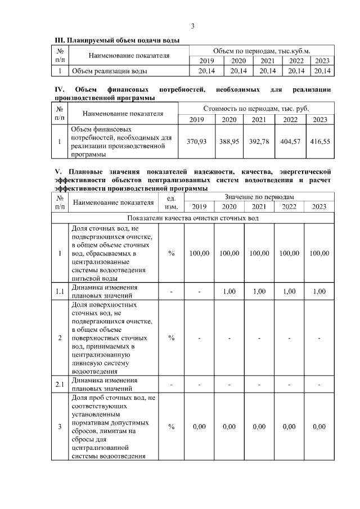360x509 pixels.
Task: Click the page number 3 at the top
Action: click(x=193, y=26)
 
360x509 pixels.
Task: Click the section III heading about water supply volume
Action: click(x=117, y=41)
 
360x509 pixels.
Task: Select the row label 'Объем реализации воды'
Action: click(x=110, y=71)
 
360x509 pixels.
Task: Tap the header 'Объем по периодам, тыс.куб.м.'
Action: click(x=262, y=51)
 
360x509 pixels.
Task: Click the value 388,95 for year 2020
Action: click(x=229, y=142)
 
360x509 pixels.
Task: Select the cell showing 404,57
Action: click(x=290, y=142)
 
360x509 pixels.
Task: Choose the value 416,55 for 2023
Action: click(x=319, y=142)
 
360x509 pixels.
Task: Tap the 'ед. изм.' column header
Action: click(x=172, y=202)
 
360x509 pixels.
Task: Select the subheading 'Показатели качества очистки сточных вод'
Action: click(x=193, y=218)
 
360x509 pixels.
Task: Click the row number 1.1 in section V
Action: click(x=60, y=291)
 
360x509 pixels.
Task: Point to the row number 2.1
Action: click(x=60, y=384)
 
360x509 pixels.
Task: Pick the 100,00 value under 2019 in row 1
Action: click(x=199, y=253)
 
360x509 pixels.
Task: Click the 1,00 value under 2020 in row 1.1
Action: click(x=229, y=291)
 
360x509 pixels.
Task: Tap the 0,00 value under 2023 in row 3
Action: click(x=319, y=427)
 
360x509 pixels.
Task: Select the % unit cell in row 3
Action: click(x=172, y=427)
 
